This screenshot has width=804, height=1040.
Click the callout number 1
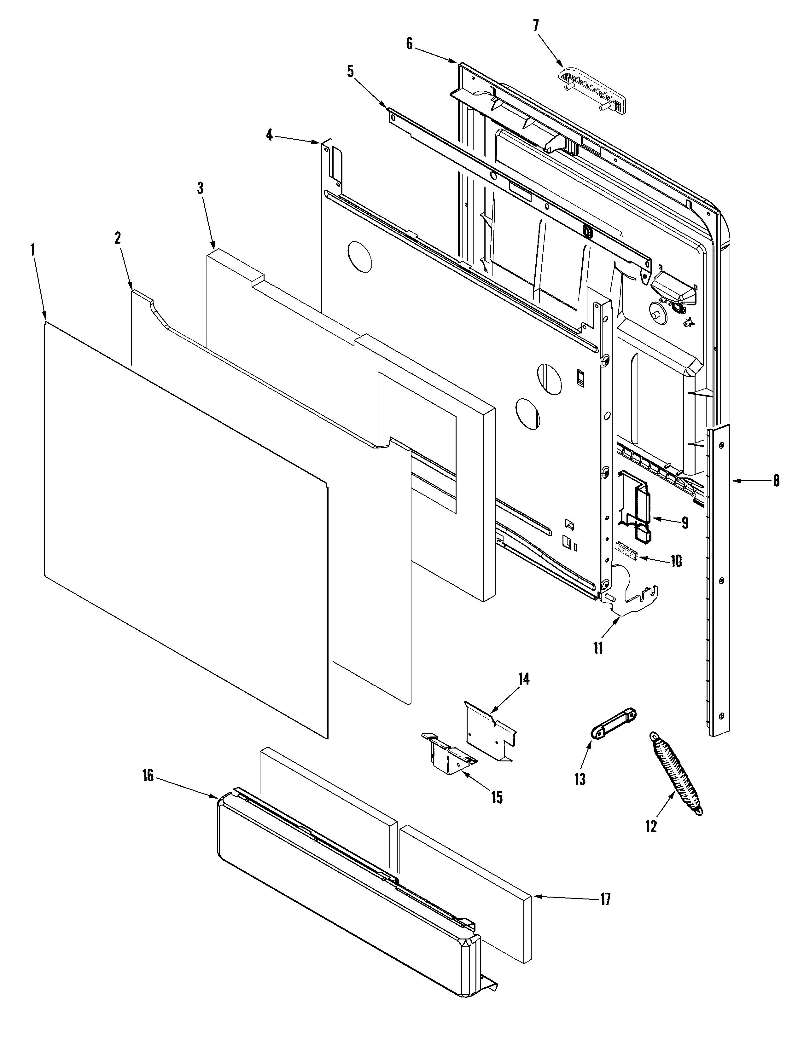coord(33,251)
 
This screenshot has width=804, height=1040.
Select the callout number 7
coord(536,26)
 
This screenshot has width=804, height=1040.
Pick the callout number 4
coord(270,135)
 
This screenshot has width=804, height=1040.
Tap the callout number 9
coord(685,523)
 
